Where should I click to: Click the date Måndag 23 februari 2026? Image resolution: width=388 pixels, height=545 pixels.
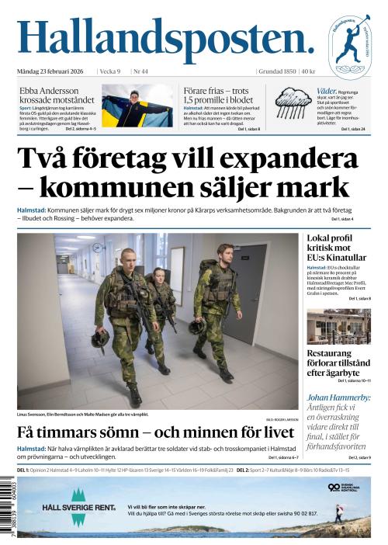pos(53,72)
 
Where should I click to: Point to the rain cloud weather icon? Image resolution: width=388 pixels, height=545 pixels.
pos(293,104)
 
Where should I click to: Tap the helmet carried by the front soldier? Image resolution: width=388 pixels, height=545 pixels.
pos(100,338)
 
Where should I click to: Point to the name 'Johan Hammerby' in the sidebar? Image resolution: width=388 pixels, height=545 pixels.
pos(338,397)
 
